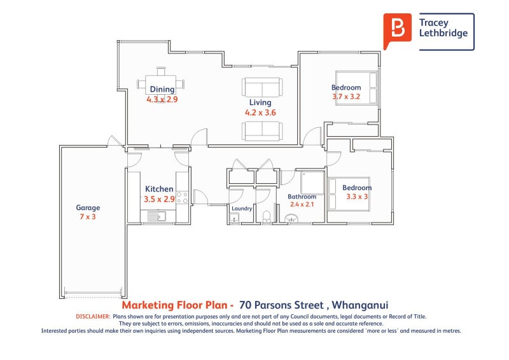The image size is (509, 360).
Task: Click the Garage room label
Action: point(88,207)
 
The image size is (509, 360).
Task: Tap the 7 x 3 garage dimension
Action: point(88,217)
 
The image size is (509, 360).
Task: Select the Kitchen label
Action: point(159,189)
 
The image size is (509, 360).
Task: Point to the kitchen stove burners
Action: point(182,197)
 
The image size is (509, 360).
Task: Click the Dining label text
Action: point(162,90)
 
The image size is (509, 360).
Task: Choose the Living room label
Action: point(260,102)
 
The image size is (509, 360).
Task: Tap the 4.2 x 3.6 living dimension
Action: point(260,113)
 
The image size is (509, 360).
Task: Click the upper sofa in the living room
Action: point(261,87)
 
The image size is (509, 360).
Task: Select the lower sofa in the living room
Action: point(261,131)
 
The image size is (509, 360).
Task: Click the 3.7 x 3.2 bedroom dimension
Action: point(346,97)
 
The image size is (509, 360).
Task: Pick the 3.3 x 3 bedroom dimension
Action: point(357,197)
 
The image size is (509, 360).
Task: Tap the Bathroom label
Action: point(302,197)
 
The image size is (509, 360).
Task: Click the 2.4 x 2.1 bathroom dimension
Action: point(302,204)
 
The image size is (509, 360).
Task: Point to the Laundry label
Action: point(242,208)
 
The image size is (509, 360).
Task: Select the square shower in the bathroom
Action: point(312,183)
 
